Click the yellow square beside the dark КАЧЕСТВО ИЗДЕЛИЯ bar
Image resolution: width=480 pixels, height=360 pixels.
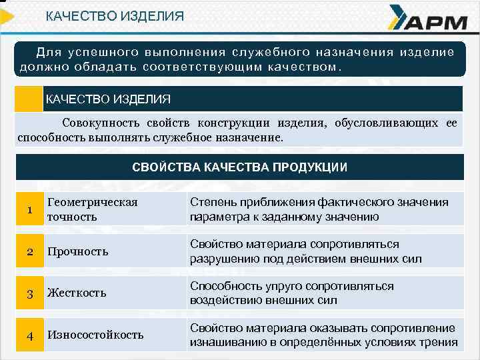(x=29, y=99)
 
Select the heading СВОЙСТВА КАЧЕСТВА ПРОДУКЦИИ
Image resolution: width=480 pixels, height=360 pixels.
(x=239, y=167)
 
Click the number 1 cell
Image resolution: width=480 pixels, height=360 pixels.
(x=30, y=210)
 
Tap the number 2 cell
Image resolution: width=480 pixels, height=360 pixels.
(x=30, y=251)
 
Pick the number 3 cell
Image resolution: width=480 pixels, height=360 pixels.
(x=30, y=293)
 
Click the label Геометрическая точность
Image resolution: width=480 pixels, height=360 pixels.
(x=92, y=209)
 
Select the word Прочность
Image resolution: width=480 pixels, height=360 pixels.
(x=77, y=251)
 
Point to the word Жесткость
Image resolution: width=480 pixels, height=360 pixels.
(x=77, y=293)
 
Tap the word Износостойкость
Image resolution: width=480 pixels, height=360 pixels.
(x=95, y=335)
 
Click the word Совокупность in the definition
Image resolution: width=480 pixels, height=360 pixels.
(x=101, y=123)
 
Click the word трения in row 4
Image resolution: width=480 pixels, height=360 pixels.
(x=439, y=343)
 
